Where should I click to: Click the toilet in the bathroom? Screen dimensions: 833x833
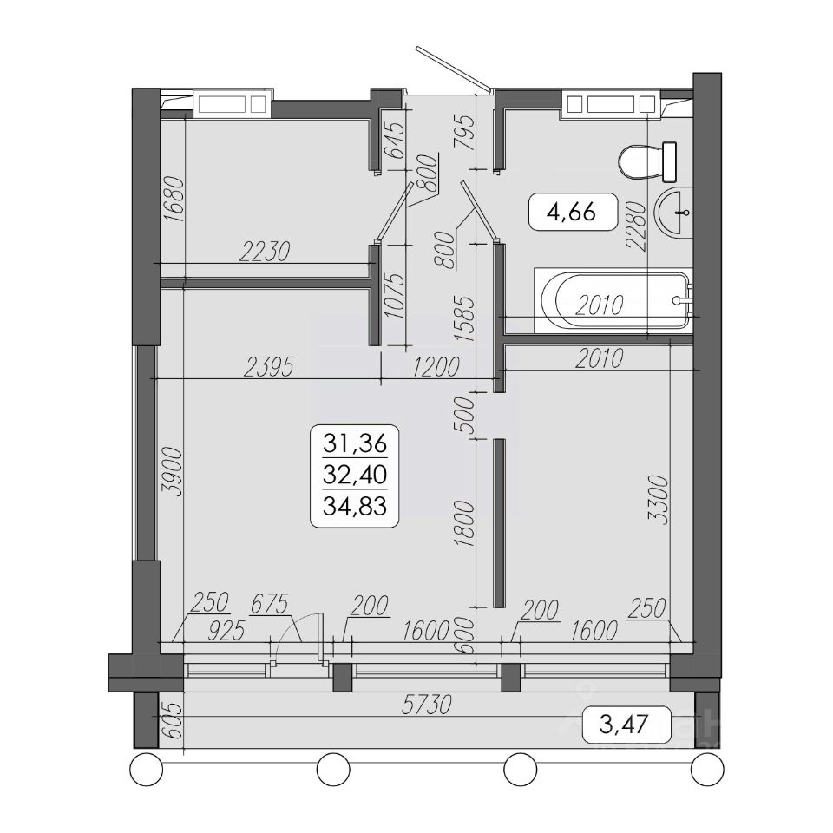(x=647, y=162)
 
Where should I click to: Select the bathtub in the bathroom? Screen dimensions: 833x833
(x=613, y=302)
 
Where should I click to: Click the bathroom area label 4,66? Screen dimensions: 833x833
(x=572, y=213)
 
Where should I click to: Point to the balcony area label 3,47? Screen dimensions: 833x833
(x=624, y=724)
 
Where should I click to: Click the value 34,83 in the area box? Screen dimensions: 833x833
(x=355, y=506)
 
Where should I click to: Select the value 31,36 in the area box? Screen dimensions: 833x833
(x=355, y=443)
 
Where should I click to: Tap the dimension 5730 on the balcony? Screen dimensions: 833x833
(x=427, y=705)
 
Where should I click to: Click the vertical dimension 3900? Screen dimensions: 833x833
(x=174, y=473)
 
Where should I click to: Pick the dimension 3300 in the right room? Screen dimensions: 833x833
(x=659, y=501)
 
